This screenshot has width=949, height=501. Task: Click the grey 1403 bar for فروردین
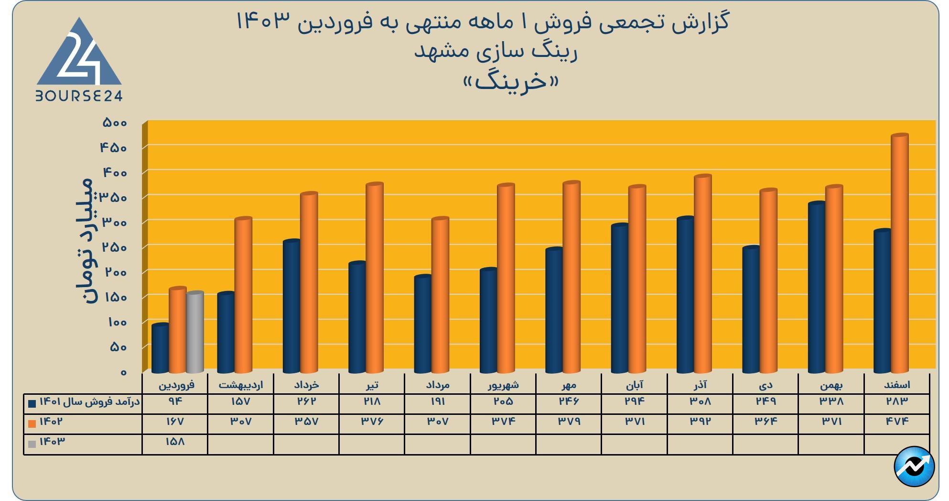tap(195, 332)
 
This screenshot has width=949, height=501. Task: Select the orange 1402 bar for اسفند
tap(900, 254)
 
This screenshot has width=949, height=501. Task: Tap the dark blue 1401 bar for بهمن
tap(817, 287)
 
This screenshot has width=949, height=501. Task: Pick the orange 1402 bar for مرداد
tap(440, 295)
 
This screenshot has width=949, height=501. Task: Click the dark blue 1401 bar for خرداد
tap(291, 306)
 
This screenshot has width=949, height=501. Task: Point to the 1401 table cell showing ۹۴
tap(175, 402)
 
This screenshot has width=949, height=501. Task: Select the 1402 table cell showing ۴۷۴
tap(897, 422)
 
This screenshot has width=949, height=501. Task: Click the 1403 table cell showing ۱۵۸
tap(175, 442)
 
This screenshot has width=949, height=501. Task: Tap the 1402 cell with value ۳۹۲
tap(700, 422)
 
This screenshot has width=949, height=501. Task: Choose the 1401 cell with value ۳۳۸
tap(831, 402)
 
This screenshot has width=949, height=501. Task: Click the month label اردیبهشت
tap(240, 385)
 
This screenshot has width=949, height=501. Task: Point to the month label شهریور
tap(503, 385)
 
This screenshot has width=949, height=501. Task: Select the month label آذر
tap(700, 385)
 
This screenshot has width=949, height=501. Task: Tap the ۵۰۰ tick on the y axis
tap(115, 123)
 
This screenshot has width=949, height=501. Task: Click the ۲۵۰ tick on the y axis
tap(115, 247)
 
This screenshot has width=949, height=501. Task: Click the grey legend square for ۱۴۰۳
tap(32, 444)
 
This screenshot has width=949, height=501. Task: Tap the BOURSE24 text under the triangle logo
tap(79, 97)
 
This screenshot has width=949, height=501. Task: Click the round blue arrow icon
tap(914, 467)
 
